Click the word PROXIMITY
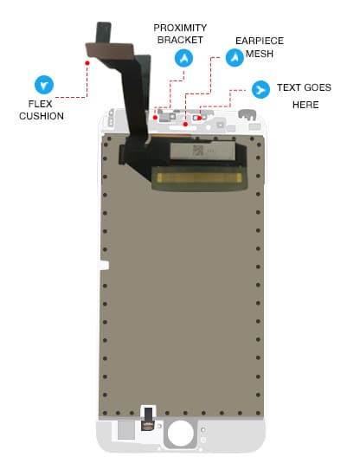(x=180, y=28)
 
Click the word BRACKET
(x=180, y=40)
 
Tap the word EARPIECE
(x=260, y=41)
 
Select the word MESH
(x=260, y=54)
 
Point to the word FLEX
(x=40, y=104)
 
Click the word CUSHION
(x=42, y=116)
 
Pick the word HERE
(x=305, y=105)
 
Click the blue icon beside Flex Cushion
(x=44, y=85)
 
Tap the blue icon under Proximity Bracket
(x=183, y=58)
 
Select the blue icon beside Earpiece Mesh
(x=235, y=57)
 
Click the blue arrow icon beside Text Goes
(x=260, y=89)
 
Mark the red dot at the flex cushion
(x=87, y=63)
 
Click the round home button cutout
(x=180, y=434)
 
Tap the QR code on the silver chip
(x=198, y=151)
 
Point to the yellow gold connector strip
(x=199, y=177)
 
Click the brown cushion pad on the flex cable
(x=110, y=50)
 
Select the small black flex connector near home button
(x=149, y=419)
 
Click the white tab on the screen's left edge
(x=103, y=266)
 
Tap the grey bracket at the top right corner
(x=247, y=114)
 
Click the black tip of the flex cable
(x=104, y=32)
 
